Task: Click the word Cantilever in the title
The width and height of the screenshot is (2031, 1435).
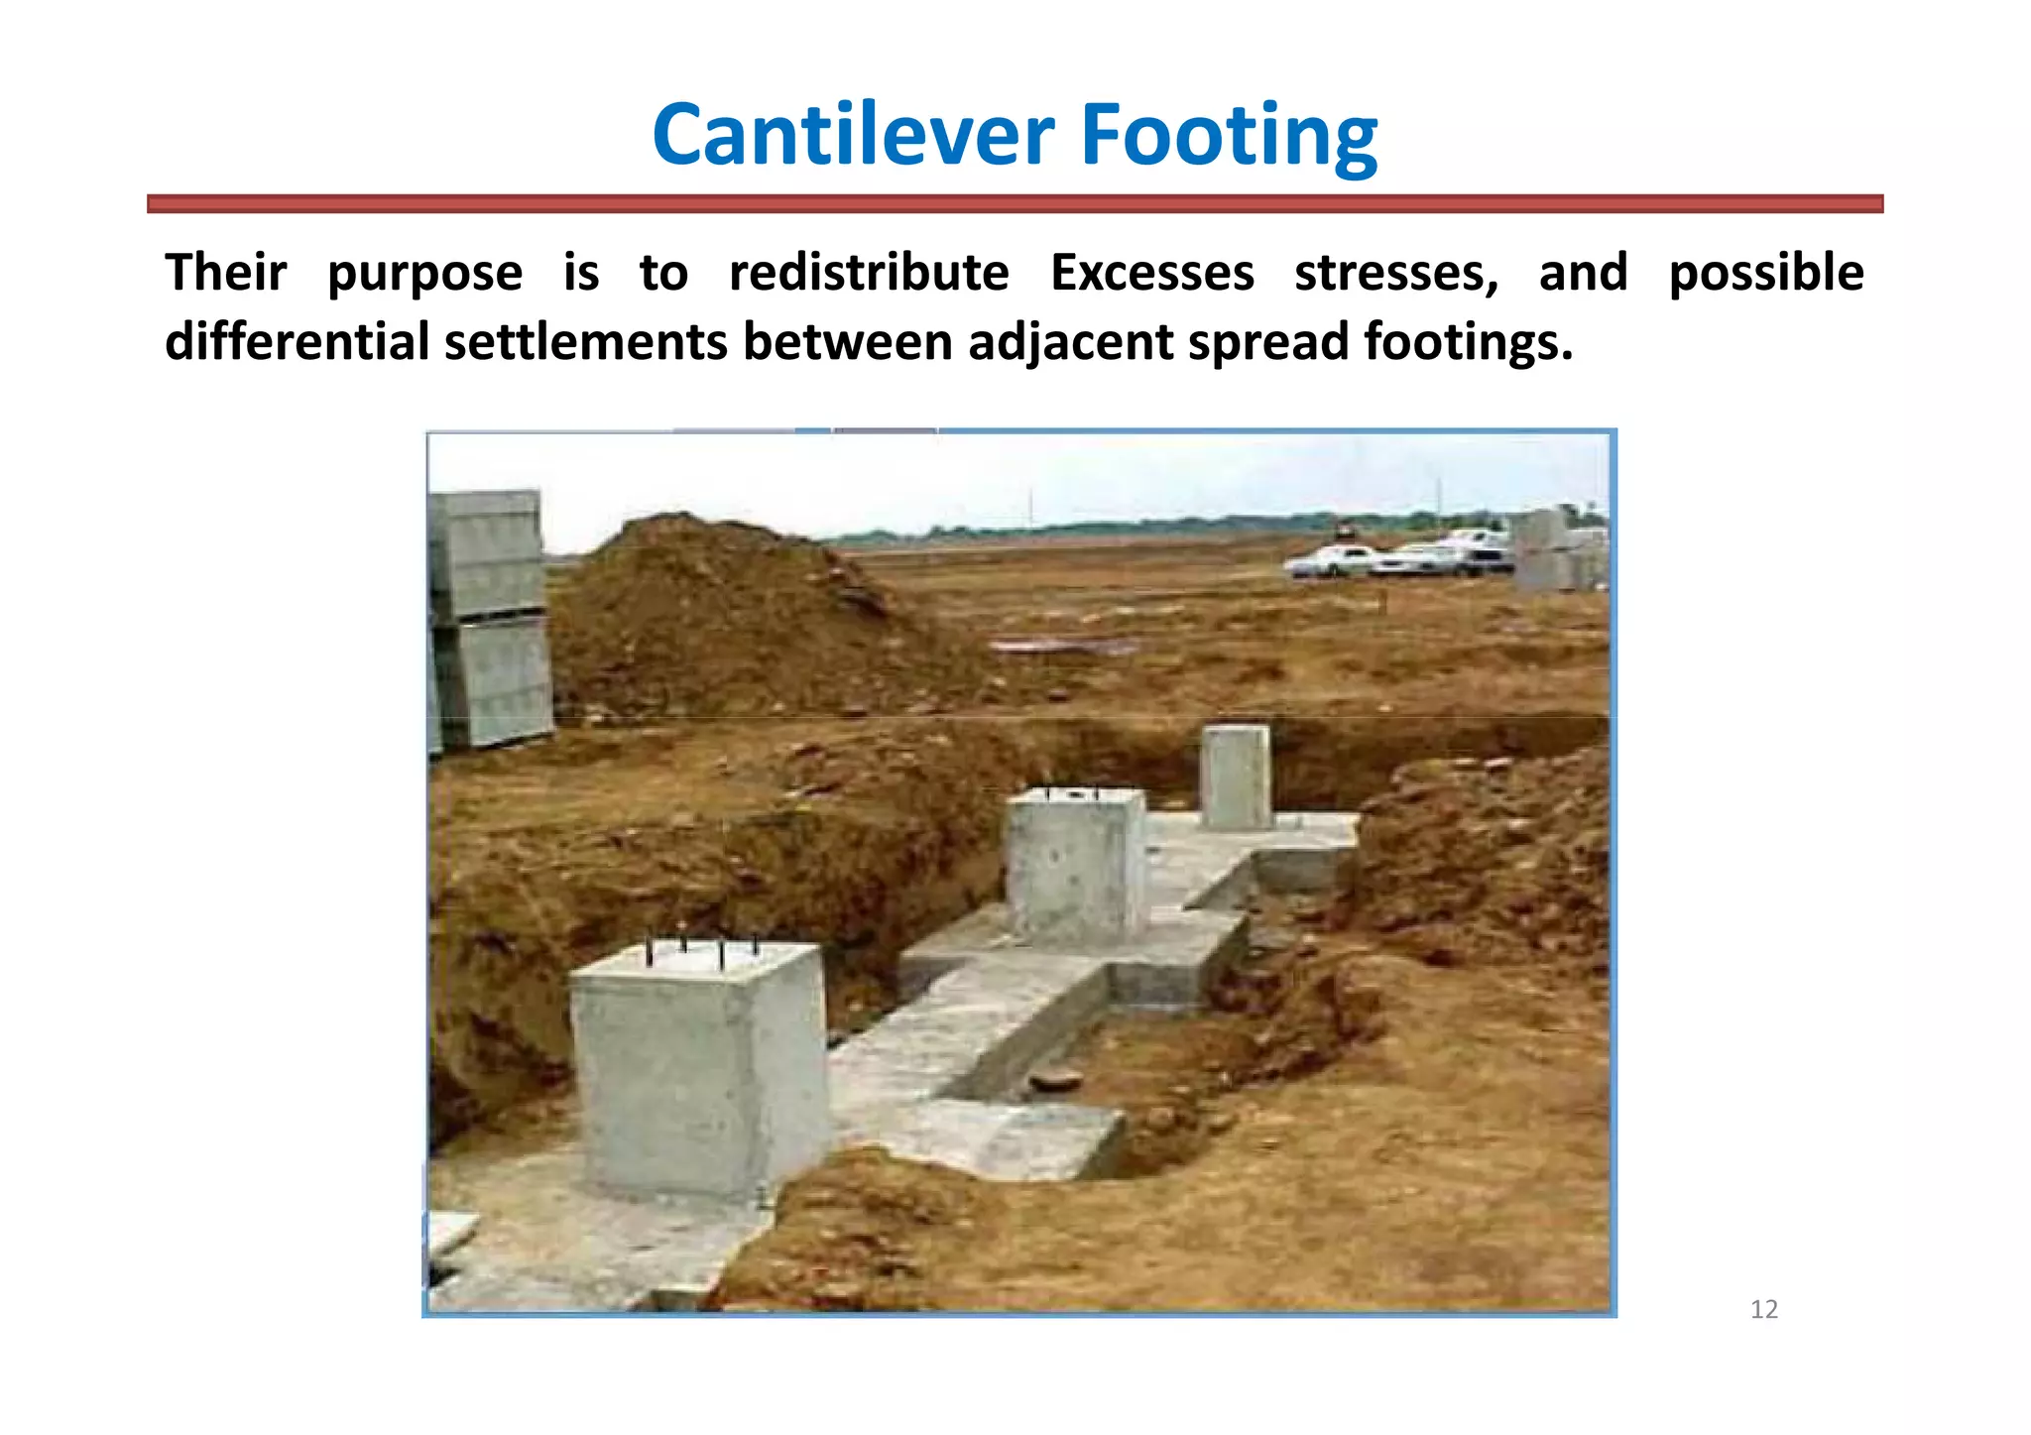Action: coord(854,135)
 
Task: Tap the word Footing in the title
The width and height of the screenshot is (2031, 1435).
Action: coord(1229,135)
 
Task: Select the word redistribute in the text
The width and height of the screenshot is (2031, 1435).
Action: coord(869,273)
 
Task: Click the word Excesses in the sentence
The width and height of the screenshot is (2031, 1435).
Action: coord(1151,273)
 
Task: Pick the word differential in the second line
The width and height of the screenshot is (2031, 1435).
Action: coord(297,342)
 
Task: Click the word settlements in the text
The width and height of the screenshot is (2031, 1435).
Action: coord(586,342)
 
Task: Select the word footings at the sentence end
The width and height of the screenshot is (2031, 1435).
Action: coord(1468,342)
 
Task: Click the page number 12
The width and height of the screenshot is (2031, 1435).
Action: coord(1764,1310)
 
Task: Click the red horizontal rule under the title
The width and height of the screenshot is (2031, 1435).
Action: coord(1015,204)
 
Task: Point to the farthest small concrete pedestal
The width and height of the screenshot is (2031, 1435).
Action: coord(1236,777)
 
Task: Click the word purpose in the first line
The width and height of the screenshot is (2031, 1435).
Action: coord(424,273)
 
